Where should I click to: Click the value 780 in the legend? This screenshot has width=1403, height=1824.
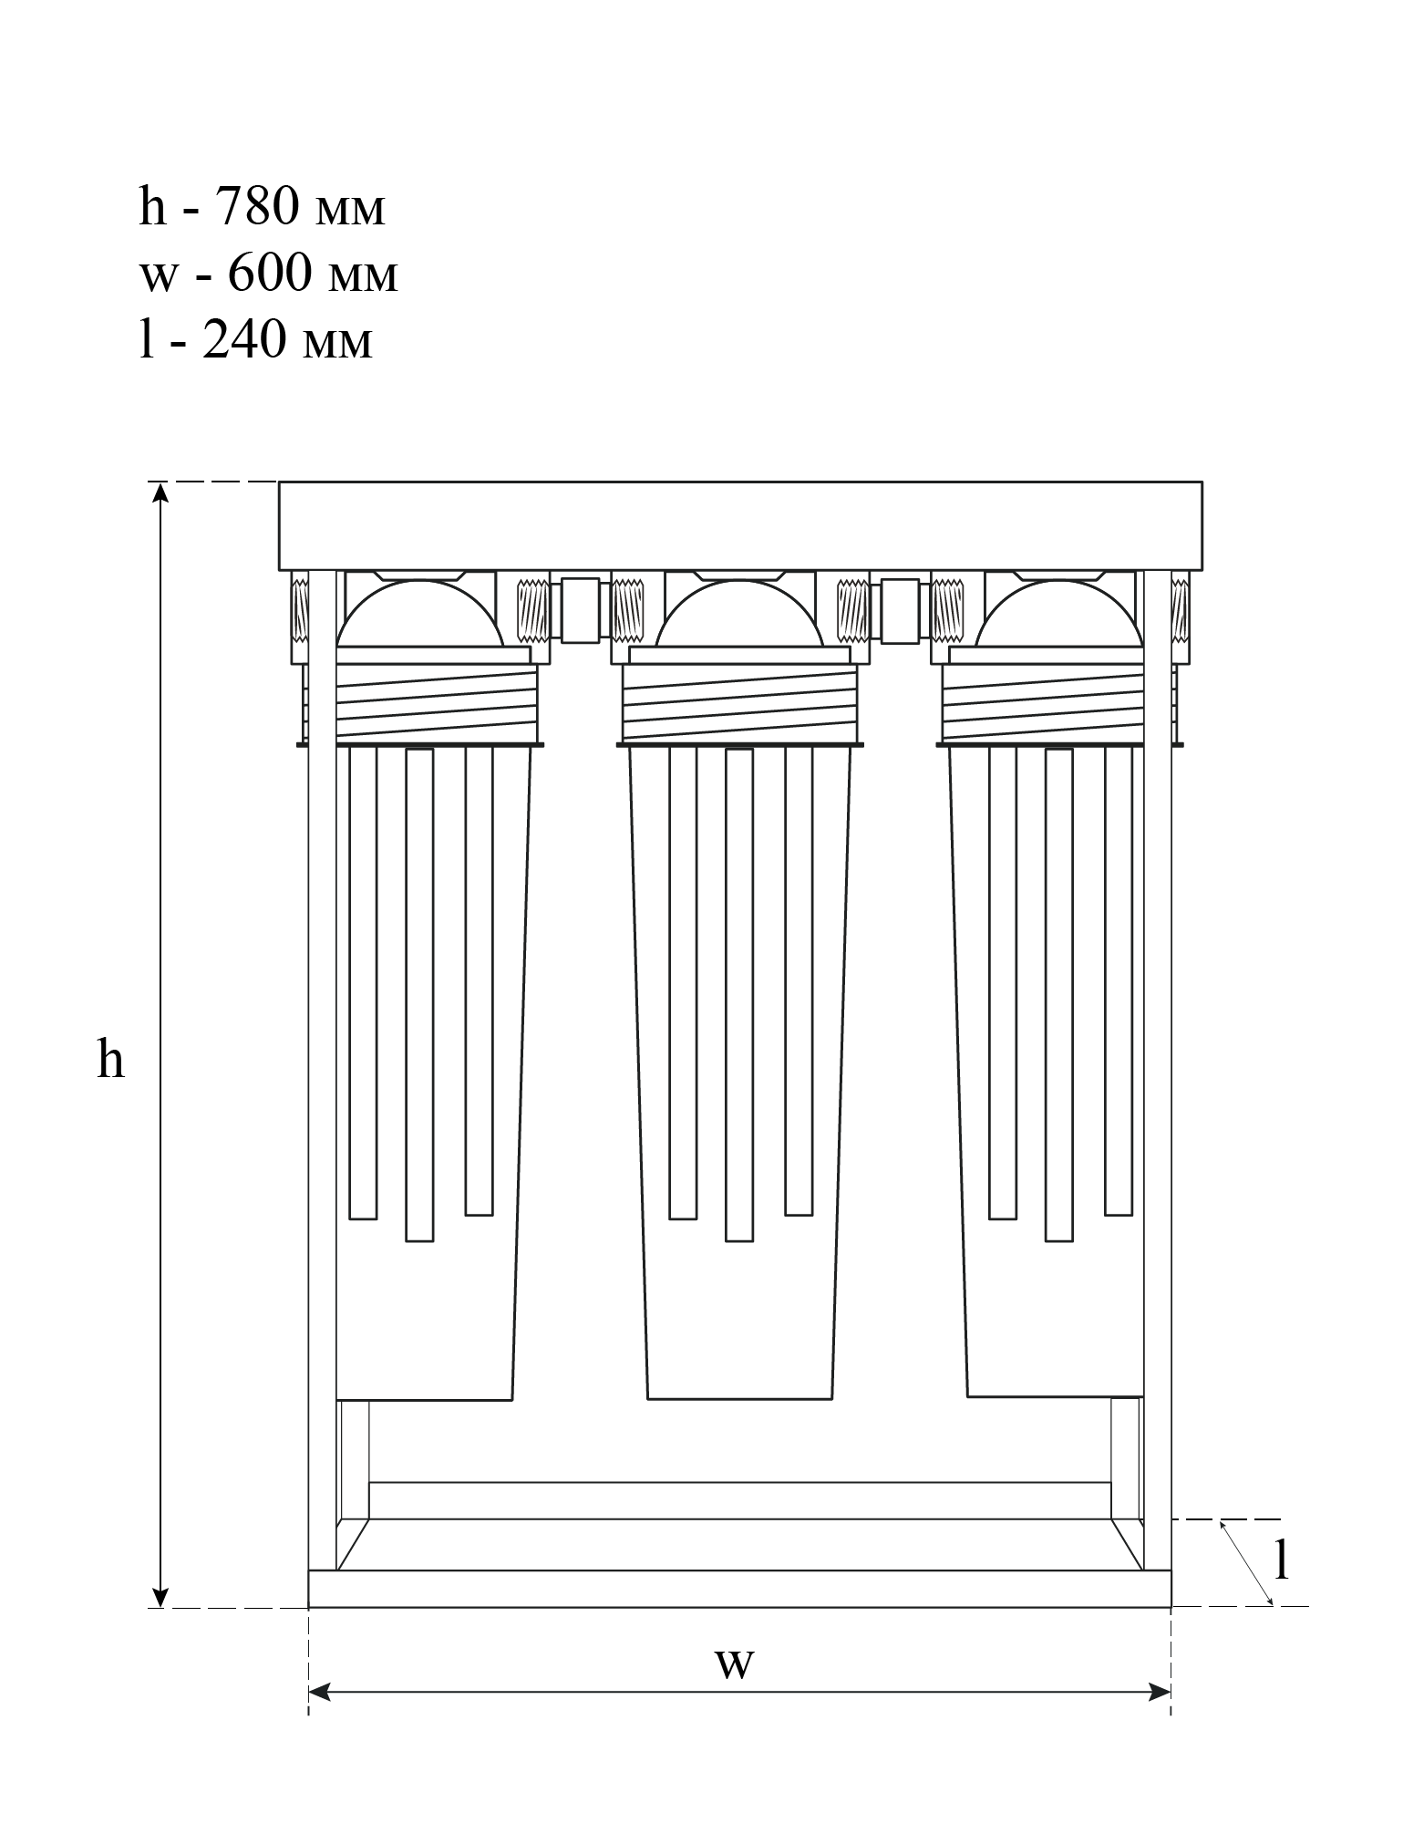(256, 207)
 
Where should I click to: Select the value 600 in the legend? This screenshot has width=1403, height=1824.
(269, 273)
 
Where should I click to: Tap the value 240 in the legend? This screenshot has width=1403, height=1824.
(243, 340)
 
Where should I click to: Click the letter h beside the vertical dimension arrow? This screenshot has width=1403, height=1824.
(110, 1061)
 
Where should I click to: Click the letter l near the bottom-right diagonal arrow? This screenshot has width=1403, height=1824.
(1281, 1561)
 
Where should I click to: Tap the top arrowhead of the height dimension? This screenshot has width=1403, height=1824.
(160, 493)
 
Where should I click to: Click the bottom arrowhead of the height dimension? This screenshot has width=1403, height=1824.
(160, 1597)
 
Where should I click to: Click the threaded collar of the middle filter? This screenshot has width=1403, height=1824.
(739, 702)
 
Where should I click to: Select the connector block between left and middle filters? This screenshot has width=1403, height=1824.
(580, 609)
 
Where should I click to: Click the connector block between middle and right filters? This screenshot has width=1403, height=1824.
(900, 609)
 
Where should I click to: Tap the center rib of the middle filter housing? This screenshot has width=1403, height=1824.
(739, 994)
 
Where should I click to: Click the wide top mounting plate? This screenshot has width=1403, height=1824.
(739, 525)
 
